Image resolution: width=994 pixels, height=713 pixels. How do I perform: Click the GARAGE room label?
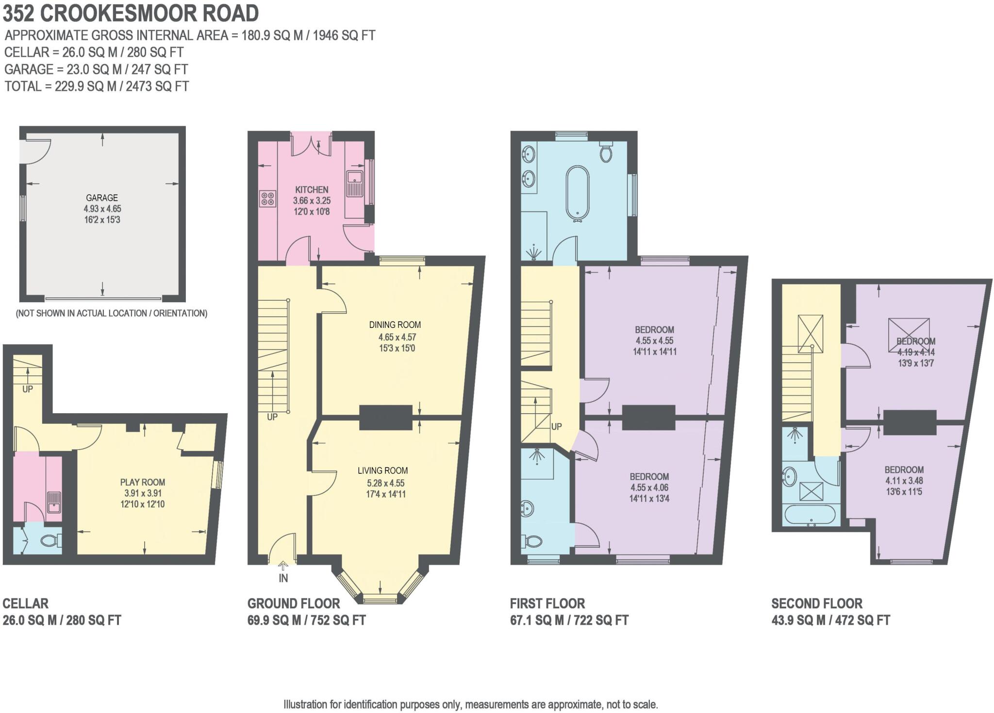102,197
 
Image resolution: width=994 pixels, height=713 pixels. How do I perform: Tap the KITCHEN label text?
312,190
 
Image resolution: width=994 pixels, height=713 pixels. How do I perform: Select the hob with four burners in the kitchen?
267,198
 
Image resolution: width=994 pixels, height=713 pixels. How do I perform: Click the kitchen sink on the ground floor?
354,182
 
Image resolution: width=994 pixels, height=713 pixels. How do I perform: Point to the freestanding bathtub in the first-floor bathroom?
577,193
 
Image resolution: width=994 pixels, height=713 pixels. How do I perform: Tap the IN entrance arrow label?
283,578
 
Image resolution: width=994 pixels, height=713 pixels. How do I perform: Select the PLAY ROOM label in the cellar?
143,482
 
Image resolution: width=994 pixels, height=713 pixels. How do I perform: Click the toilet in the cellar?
51,540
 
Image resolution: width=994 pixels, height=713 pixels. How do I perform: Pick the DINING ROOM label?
395,325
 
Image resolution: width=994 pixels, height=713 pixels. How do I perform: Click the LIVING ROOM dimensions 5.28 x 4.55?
386,483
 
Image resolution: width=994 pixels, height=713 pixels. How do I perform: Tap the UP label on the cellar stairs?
27,389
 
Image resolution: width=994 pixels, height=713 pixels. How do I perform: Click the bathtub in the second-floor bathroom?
810,515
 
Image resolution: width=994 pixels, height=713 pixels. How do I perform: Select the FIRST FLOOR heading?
547,603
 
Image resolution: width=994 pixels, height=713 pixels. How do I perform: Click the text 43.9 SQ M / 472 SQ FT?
830,620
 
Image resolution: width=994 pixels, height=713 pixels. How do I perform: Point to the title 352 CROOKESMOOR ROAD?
131,13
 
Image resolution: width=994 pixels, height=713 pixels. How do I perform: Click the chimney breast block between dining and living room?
386,417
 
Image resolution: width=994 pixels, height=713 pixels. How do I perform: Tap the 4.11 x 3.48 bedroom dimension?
904,481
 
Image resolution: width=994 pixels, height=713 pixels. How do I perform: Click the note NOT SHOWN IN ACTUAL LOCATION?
112,313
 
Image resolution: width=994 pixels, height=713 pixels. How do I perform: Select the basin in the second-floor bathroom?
790,476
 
